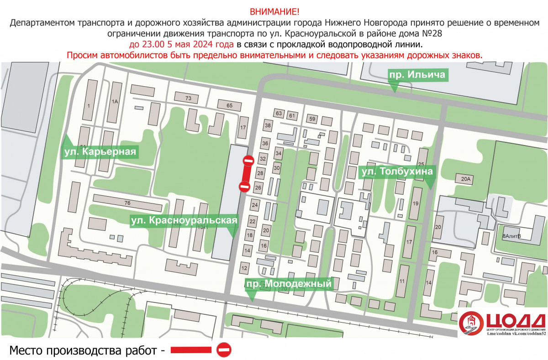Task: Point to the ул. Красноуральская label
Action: (x=184, y=220)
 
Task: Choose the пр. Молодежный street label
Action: (x=288, y=284)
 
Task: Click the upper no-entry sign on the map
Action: (x=248, y=161)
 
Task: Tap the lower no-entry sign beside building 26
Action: (x=244, y=186)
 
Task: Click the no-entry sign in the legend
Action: (x=224, y=350)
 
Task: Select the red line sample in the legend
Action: (x=191, y=350)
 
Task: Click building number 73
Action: (x=188, y=98)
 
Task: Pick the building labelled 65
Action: (x=229, y=106)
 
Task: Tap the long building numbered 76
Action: (x=127, y=202)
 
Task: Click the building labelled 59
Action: (x=312, y=119)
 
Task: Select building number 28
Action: (x=260, y=173)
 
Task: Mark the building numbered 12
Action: (x=244, y=268)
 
